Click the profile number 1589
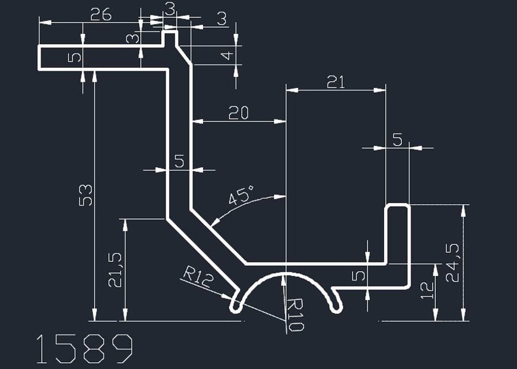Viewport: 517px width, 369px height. tap(84, 349)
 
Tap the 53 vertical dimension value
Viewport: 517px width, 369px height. tap(86, 194)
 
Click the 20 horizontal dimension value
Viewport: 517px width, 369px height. tap(238, 113)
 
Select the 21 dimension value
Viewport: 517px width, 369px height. tap(336, 82)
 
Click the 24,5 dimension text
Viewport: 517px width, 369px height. tap(453, 263)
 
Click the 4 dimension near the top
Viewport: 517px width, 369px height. tap(227, 55)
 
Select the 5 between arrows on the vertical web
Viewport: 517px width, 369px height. tap(179, 161)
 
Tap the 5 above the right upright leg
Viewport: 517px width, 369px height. tap(398, 140)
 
